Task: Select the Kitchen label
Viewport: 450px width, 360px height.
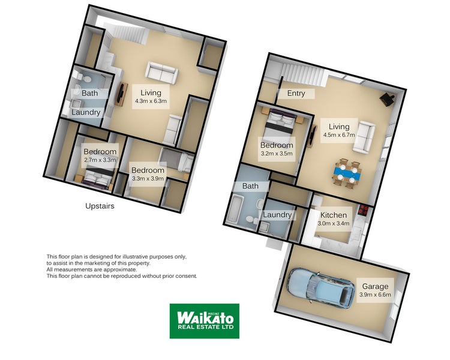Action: click(334, 215)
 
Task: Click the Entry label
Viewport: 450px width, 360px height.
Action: click(296, 93)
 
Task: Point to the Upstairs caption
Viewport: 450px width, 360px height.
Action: click(100, 206)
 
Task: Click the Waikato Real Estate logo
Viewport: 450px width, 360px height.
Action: click(204, 321)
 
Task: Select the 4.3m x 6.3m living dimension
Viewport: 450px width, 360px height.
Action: click(150, 101)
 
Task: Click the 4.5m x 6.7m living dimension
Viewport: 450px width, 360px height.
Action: click(338, 135)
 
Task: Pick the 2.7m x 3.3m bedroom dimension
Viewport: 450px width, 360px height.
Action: click(100, 160)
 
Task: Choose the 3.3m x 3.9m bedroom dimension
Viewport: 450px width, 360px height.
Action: click(148, 178)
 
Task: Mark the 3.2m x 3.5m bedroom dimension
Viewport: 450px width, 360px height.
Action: click(277, 154)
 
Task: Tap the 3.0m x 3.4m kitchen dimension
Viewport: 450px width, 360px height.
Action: click(334, 223)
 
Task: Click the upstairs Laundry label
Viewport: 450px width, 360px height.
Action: click(86, 112)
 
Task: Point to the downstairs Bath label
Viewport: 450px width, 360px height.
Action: click(250, 186)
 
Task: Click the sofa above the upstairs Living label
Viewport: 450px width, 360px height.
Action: click(162, 73)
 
